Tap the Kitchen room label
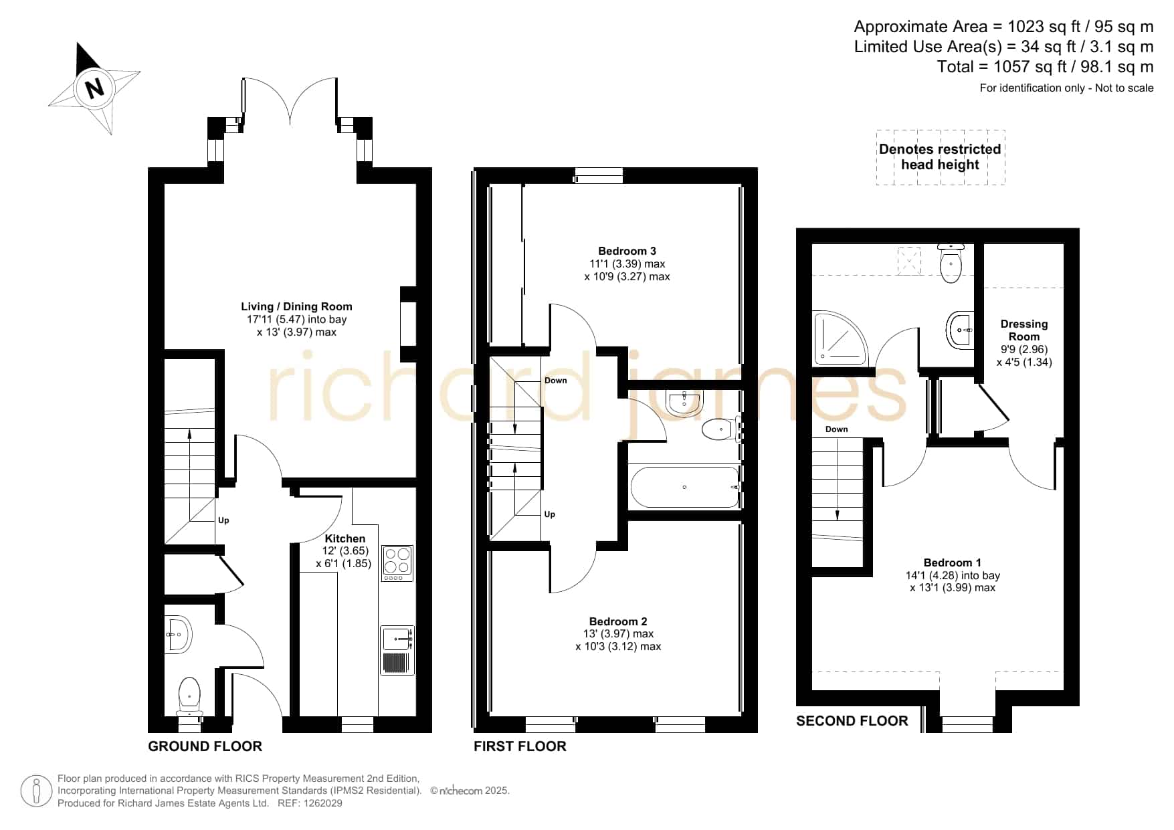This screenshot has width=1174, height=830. [345, 538]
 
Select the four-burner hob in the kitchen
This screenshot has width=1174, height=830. [397, 563]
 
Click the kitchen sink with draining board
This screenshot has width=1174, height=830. [397, 649]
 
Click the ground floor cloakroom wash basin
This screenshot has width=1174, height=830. [179, 633]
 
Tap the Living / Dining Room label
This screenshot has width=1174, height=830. [296, 306]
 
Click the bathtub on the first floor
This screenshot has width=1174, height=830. [685, 487]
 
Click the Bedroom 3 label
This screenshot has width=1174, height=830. [627, 251]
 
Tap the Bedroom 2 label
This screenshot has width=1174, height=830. [618, 621]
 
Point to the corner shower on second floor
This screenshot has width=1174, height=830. [840, 338]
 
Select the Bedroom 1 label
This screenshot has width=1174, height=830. [953, 562]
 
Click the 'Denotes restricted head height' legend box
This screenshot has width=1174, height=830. [941, 157]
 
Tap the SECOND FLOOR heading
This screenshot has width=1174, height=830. [852, 721]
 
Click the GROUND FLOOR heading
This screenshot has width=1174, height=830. [205, 746]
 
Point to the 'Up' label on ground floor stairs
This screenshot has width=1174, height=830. [223, 520]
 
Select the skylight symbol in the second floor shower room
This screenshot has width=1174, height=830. [908, 261]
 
